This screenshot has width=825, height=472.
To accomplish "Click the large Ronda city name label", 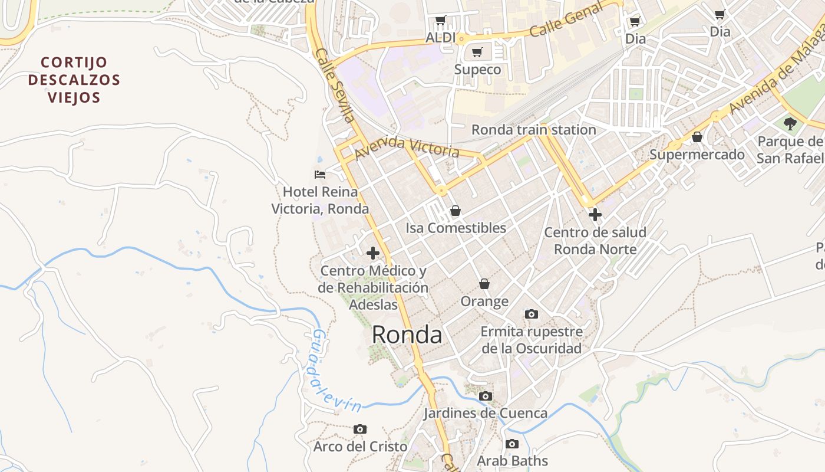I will point(407,335).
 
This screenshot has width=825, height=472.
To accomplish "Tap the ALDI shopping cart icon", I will point(440,21).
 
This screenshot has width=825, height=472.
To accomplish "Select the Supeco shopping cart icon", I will point(477,53).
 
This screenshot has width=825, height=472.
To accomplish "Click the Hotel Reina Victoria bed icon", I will point(320,175).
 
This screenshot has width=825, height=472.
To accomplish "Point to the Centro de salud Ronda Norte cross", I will point(595,215).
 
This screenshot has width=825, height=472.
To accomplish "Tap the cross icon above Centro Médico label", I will point(372,253).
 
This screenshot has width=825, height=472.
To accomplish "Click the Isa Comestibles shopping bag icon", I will point(455,211).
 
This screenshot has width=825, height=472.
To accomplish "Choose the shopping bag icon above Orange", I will point(484,284).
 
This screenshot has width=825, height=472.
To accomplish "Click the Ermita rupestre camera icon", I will point(532,314).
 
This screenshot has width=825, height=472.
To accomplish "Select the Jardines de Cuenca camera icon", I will point(486,396).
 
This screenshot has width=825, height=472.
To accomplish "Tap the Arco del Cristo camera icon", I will point(360,430).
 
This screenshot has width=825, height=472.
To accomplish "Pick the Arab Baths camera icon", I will point(512,444).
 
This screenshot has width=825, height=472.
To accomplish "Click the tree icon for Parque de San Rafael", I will point(790,124).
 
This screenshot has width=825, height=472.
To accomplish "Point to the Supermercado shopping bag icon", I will point(697,137).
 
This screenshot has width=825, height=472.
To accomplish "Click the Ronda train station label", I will point(534,130).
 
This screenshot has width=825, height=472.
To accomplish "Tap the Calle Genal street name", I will point(566,19).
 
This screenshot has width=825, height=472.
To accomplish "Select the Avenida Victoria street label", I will point(407,147).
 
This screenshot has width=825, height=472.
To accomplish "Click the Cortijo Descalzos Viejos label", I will point(74,80).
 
